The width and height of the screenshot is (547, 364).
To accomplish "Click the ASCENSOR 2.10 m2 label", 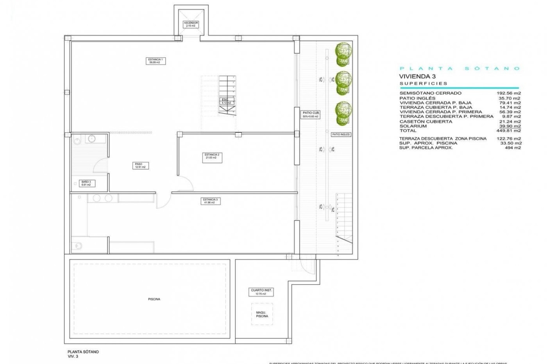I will coord(191,24).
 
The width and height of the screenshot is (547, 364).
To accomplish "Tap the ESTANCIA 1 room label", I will coord(156,61).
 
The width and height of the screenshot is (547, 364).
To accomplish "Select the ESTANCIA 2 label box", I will coord(212,158).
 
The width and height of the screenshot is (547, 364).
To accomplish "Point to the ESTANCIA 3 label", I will coord(210,201).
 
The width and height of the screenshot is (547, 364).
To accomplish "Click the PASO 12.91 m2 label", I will coord(140,166).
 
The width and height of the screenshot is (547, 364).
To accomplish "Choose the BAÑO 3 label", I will coord(86,183).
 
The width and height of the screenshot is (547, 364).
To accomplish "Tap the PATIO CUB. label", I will coord(311,115).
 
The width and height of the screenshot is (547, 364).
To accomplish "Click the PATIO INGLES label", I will coord(341,135).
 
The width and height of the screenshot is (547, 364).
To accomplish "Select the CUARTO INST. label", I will coord(261,292).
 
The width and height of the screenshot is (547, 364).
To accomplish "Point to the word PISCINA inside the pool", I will coord(154,299).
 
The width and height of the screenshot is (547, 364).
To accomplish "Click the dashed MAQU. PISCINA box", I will coord(262,314).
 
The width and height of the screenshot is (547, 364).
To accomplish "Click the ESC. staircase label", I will coord(226,101).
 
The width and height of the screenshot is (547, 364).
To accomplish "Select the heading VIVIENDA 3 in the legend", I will coord(417,76).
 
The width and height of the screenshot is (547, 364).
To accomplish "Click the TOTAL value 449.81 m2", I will coord(509,131).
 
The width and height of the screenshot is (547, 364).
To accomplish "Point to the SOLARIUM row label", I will coord(413,126).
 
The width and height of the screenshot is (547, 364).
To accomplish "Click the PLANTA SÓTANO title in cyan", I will coord(460,69).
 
